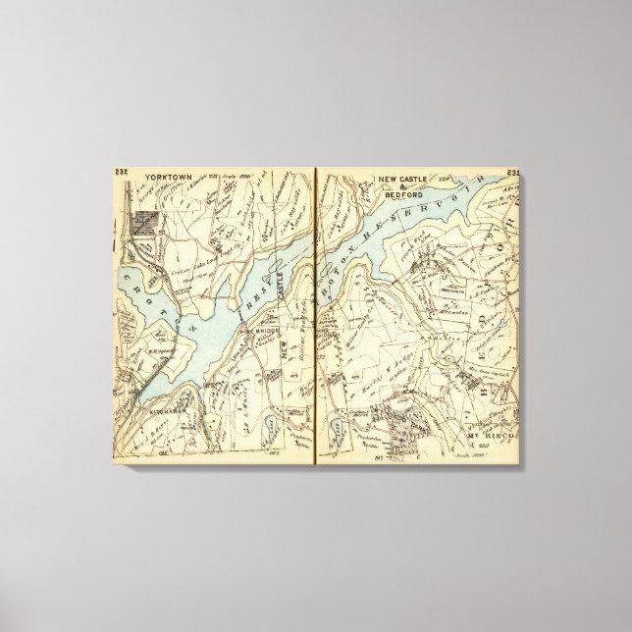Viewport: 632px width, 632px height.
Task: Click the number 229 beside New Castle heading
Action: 445,181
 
